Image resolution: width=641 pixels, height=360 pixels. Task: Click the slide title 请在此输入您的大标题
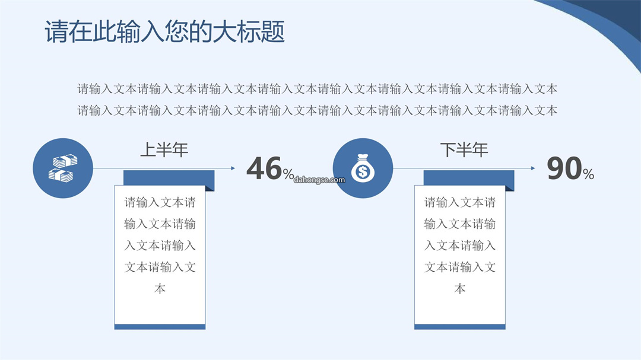[x=164, y=31]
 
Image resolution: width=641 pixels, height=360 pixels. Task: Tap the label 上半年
[x=164, y=149]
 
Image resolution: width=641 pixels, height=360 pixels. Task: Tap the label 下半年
[x=464, y=149]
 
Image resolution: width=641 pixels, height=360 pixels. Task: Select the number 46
[x=264, y=168]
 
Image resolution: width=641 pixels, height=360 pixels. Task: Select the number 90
[x=564, y=168]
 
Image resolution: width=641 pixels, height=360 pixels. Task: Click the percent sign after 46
[x=288, y=174]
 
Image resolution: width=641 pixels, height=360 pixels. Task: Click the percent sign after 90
[x=589, y=174]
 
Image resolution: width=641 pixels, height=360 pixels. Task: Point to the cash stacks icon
[x=62, y=168]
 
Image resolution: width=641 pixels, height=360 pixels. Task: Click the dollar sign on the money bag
[x=363, y=172]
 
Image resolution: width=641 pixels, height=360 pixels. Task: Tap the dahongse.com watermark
[x=319, y=180]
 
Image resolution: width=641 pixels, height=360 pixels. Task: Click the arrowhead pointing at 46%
[x=233, y=168]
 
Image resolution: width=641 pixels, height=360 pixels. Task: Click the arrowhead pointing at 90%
[x=532, y=168]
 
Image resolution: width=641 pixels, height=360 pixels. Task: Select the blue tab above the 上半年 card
[x=169, y=178]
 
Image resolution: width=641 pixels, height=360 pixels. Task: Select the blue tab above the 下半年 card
[x=469, y=178]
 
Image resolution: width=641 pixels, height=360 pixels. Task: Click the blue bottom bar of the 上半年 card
[x=160, y=327]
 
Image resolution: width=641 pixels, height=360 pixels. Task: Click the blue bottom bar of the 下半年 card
[x=460, y=327]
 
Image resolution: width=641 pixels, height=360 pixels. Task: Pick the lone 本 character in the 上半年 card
[x=160, y=289]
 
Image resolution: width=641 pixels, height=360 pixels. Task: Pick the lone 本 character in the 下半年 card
[x=460, y=289]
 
